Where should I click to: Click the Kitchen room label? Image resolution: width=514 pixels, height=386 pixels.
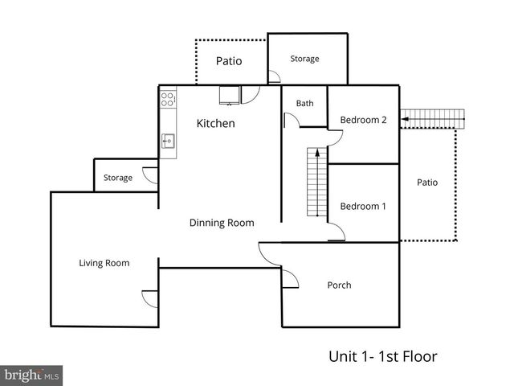[x=216, y=124]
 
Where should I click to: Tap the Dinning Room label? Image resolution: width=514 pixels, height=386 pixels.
[x=222, y=223]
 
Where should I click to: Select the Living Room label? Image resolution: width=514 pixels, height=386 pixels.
[x=104, y=263]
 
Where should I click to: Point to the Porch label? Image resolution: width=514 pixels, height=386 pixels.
[x=339, y=285]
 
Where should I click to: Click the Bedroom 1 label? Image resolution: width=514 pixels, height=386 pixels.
[x=363, y=206]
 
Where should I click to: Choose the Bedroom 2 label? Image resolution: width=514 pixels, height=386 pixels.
[x=363, y=120]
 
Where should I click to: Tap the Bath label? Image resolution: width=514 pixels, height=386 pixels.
[x=304, y=103]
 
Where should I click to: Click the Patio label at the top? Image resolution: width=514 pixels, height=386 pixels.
[x=229, y=61]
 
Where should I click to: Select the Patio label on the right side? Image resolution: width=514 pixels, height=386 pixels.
[x=427, y=183]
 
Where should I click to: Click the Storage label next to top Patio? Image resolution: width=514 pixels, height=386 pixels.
[x=304, y=59]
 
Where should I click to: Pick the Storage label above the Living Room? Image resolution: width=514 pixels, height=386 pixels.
[x=117, y=178]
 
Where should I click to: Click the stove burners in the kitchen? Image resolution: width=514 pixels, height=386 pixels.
[x=169, y=100]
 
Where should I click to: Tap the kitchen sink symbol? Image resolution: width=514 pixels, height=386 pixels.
[x=169, y=141]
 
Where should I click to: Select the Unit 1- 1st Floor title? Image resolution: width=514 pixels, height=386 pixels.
[x=382, y=355]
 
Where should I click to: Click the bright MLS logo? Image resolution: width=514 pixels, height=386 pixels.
[x=31, y=375]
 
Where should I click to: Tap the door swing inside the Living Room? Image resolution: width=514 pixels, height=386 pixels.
[x=150, y=297]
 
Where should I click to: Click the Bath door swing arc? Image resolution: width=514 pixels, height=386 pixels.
[x=291, y=121]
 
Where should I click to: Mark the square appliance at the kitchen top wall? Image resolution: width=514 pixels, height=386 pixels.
[x=229, y=95]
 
